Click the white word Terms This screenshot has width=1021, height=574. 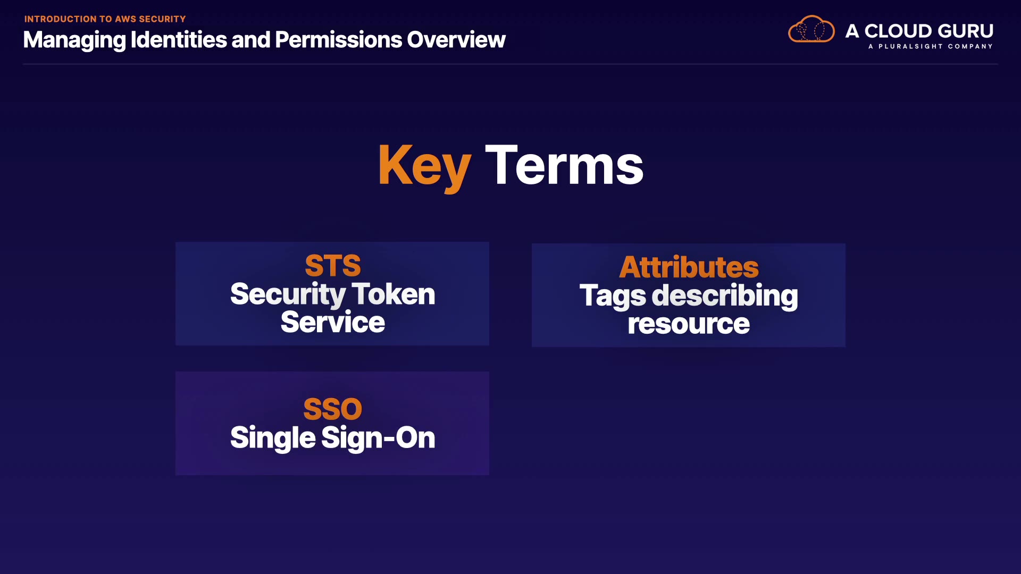point(564,165)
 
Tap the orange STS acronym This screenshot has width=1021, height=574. point(333,265)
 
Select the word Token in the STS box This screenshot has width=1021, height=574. point(394,294)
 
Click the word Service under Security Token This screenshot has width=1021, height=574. point(333,322)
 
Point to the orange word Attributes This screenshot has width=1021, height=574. point(689,267)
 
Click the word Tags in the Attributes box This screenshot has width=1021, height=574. point(613,297)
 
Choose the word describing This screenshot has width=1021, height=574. point(725,297)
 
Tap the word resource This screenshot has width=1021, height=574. point(689,324)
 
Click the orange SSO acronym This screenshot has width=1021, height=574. point(333,409)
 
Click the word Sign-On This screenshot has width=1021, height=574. point(378,438)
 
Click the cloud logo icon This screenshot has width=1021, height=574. point(811,29)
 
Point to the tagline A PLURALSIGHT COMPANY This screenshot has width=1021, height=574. point(931,46)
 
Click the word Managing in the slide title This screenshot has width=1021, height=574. point(74,40)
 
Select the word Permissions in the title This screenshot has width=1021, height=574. point(338,40)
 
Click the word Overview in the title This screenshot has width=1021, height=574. point(456,40)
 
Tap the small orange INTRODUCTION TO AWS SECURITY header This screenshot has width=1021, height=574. point(105,19)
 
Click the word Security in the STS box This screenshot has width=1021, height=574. point(288,295)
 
